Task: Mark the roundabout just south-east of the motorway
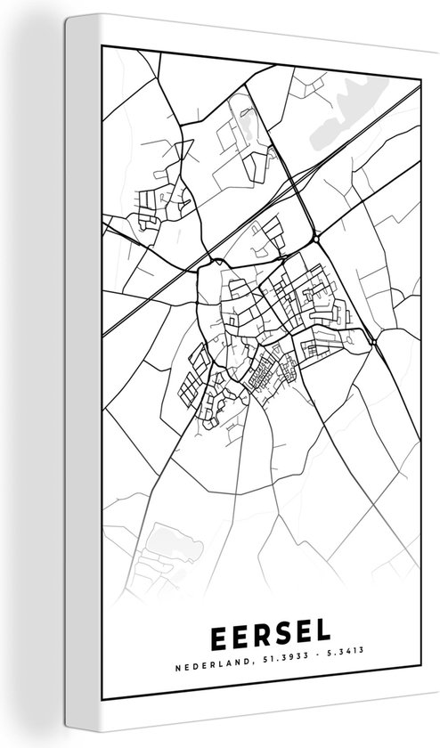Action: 317,238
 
